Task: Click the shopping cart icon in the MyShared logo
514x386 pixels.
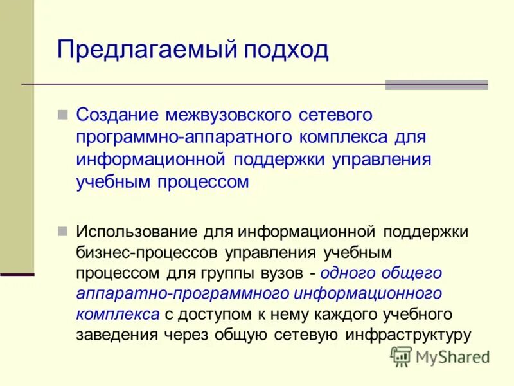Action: tap(401, 356)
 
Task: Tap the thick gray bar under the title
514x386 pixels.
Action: tap(436, 85)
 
